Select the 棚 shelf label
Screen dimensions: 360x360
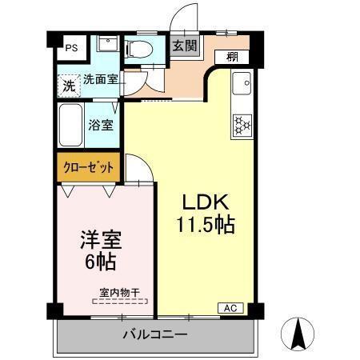pos(231,57)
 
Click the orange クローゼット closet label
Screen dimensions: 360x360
pos(90,168)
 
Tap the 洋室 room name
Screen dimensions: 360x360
pos(102,238)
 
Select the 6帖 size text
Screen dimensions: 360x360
pos(102,261)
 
